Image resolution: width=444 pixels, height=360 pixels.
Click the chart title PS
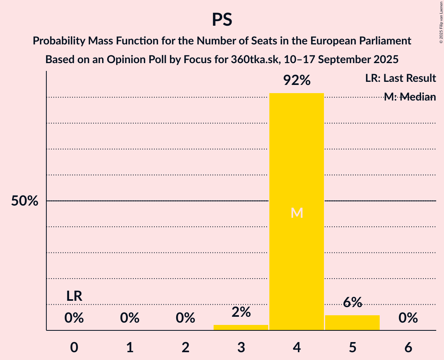click(222, 19)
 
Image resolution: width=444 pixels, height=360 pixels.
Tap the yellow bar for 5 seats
click(352, 323)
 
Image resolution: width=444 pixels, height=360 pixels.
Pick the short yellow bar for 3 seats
click(241, 327)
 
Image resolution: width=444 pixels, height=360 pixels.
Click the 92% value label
click(297, 81)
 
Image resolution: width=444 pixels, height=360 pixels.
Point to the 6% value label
click(352, 302)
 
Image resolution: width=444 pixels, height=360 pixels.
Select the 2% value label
click(241, 312)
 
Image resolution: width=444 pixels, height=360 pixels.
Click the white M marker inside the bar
click(297, 213)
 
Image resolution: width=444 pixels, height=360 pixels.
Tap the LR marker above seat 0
click(74, 296)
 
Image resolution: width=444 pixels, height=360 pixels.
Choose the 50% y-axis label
click(25, 201)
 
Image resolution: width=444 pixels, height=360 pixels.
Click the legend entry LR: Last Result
click(400, 78)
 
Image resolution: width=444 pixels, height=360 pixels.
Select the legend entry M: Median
click(409, 97)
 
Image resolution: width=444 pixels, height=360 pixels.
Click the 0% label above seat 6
click(408, 318)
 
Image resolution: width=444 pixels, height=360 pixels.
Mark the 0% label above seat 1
click(130, 318)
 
